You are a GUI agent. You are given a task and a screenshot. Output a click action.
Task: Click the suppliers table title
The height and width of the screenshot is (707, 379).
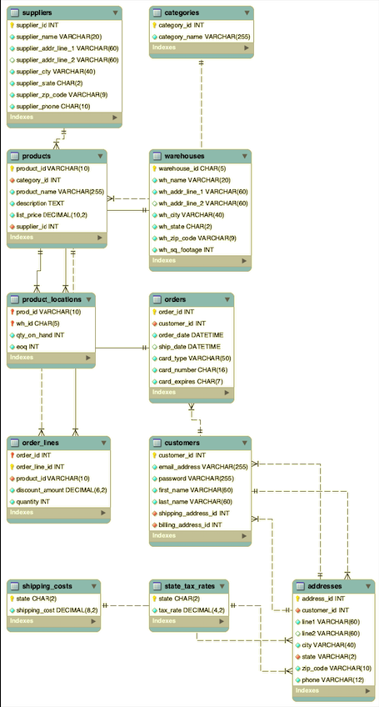37,13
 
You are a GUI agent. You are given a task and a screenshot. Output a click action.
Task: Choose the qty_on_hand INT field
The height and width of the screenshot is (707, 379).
40,335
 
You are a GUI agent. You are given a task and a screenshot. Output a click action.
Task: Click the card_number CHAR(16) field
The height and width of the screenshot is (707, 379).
192,370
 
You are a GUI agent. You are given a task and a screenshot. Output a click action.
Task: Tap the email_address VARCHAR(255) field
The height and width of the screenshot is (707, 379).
202,467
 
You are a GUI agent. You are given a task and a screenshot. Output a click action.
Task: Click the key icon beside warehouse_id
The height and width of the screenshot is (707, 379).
154,168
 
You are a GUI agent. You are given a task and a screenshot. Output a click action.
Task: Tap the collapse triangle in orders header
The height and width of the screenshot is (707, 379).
226,299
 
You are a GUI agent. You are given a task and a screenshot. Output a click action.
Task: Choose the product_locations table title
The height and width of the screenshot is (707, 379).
52,299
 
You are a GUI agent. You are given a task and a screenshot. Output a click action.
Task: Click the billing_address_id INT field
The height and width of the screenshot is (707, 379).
190,525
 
